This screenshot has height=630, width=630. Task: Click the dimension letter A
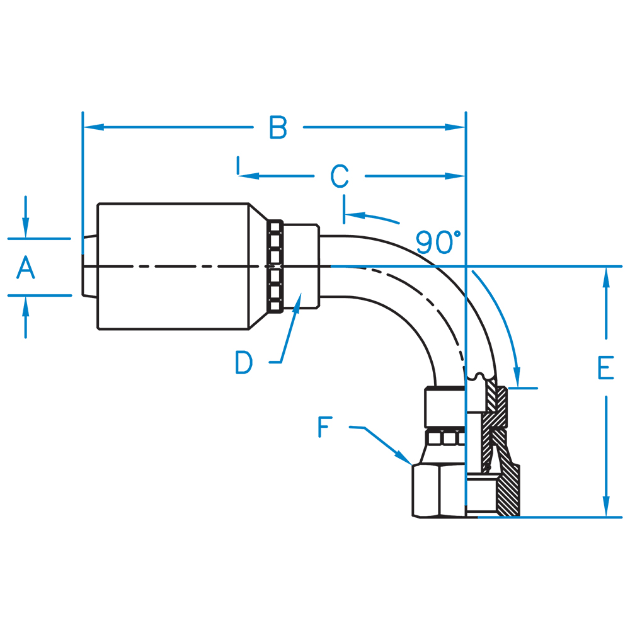tap(26, 267)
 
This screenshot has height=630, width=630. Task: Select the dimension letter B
tap(278, 127)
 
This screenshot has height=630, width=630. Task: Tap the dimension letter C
tap(340, 176)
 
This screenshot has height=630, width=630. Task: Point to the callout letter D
tap(243, 362)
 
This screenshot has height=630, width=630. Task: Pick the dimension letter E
tap(605, 368)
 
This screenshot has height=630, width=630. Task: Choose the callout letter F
tap(325, 427)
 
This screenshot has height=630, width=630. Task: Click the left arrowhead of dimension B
tap(93, 127)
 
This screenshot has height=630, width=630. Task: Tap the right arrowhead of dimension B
tap(455, 127)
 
